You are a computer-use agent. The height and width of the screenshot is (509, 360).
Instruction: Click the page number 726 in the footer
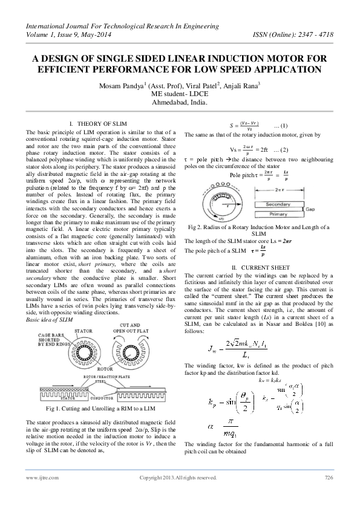[329, 478]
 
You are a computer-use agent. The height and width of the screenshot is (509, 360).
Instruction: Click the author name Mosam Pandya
[122, 85]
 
